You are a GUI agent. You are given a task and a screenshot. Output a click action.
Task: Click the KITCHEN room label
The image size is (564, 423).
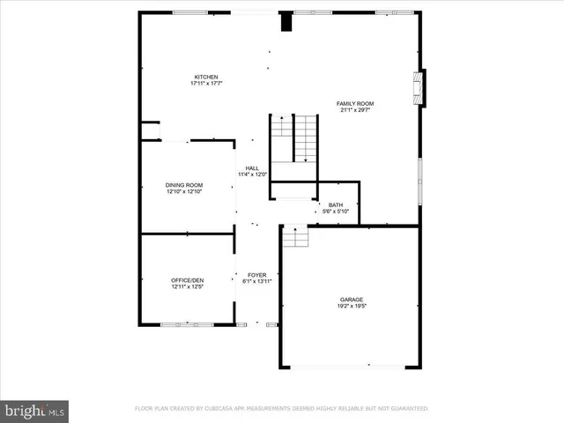point(206,77)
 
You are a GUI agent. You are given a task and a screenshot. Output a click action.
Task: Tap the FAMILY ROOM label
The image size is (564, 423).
point(355,103)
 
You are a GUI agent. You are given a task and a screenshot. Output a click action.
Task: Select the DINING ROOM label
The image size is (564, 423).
point(184,184)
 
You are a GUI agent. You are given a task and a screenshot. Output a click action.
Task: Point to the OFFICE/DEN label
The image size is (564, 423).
point(186,280)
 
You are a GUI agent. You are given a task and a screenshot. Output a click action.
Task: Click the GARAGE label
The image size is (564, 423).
point(352,299)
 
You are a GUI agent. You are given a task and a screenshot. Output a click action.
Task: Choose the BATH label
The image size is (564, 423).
point(336,204)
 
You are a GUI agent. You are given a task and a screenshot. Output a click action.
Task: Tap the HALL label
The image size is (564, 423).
point(252,167)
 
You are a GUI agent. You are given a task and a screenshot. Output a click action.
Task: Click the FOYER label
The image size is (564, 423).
point(256,275)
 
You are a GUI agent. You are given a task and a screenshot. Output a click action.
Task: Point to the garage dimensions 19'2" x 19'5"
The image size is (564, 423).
point(352,306)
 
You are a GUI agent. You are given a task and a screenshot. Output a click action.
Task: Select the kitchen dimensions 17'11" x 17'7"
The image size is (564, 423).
point(206,84)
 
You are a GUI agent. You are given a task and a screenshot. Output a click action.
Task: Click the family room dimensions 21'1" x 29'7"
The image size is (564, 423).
point(355,110)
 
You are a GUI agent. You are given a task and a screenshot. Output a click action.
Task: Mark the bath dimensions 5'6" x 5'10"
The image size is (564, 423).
point(336,211)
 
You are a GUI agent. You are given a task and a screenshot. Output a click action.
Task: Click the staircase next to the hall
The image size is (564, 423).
point(293,138)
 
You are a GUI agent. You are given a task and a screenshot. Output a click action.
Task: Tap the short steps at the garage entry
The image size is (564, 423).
point(294,235)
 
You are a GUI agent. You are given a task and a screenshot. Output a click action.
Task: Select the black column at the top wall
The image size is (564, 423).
point(286,22)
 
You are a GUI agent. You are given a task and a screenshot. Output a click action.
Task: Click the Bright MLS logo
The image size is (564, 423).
point(35,410)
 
